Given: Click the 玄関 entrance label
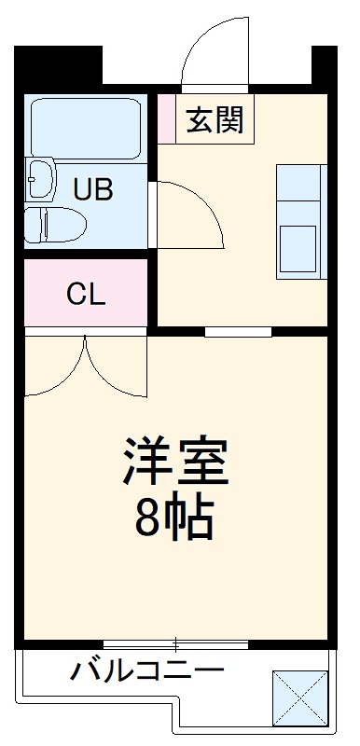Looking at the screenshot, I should (215, 119).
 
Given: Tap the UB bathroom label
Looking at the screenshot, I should (93, 190).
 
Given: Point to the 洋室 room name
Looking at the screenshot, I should (174, 460).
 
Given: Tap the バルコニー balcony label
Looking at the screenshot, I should (146, 670).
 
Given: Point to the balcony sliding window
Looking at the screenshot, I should (174, 643).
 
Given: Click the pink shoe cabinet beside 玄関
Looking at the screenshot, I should (166, 117).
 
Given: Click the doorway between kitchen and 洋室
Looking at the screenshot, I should (238, 331).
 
